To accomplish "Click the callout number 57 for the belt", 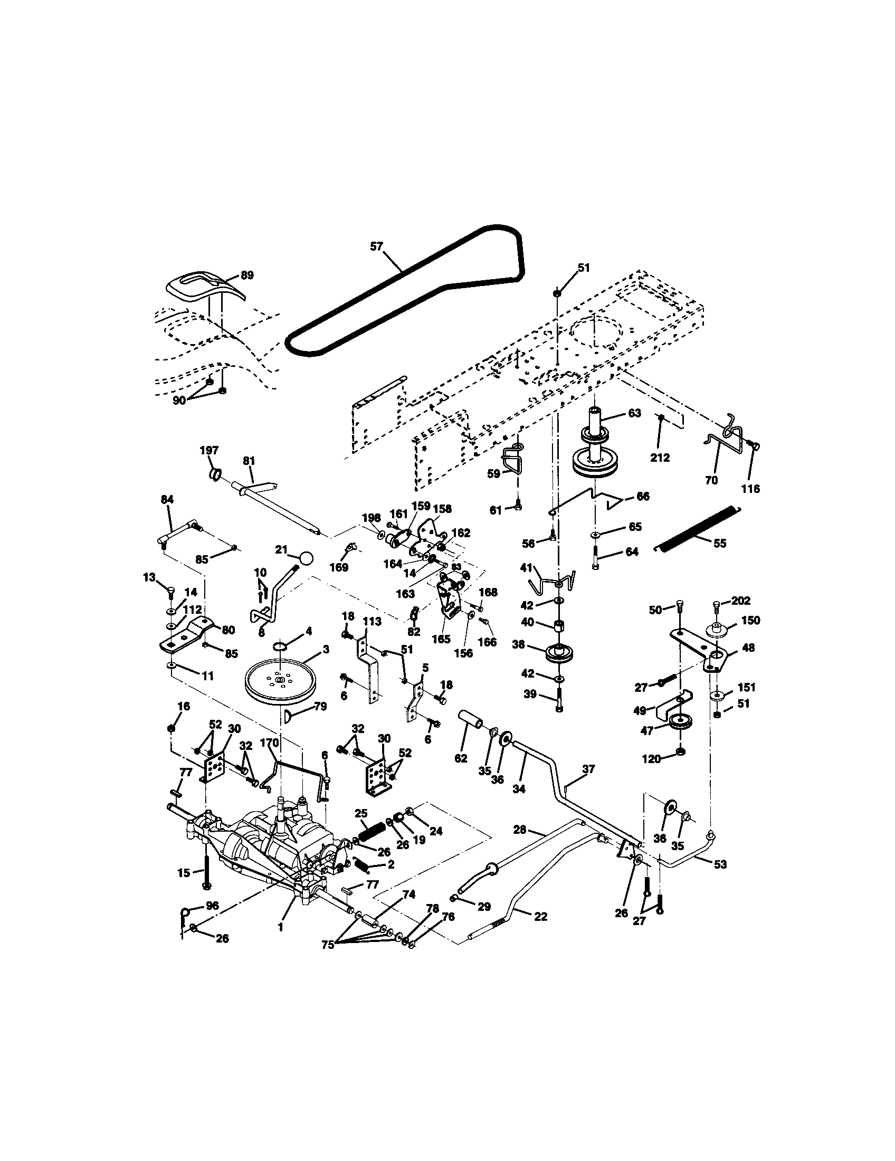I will pyautogui.click(x=376, y=246).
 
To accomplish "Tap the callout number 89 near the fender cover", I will pyautogui.click(x=247, y=275).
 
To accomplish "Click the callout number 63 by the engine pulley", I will pyautogui.click(x=635, y=413).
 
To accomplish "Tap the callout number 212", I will pyautogui.click(x=660, y=457).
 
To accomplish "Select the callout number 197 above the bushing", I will pyautogui.click(x=209, y=450).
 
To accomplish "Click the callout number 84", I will pyautogui.click(x=167, y=499).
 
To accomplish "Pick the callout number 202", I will pyautogui.click(x=740, y=600).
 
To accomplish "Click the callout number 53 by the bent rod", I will pyautogui.click(x=720, y=864).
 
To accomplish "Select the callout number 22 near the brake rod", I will pyautogui.click(x=540, y=917).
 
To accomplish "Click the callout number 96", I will pyautogui.click(x=212, y=905).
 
